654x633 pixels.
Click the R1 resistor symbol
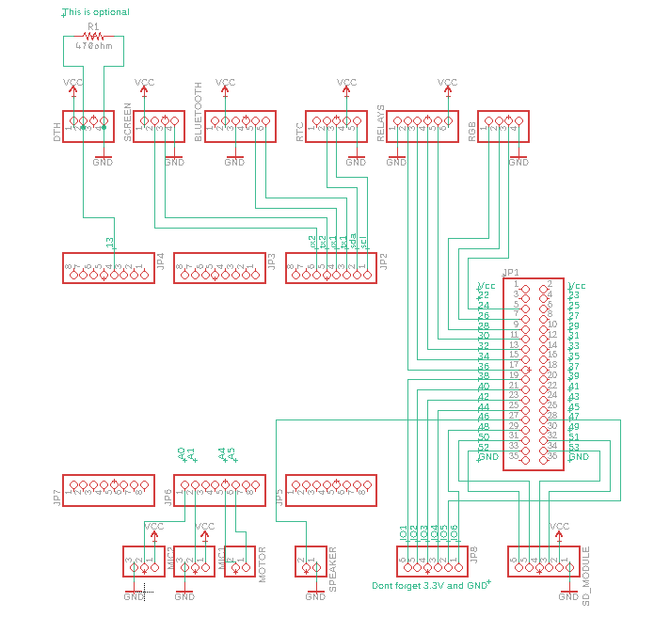tap(92, 36)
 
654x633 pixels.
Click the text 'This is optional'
tap(97, 12)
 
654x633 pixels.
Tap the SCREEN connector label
tap(128, 123)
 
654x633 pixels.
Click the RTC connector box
tap(335, 127)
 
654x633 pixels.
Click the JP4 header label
tap(160, 260)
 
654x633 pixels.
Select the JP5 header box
tap(331, 490)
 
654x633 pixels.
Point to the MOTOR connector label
tap(263, 564)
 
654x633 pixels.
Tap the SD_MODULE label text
tap(585, 575)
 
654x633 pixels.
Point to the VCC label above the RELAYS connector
tap(448, 83)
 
